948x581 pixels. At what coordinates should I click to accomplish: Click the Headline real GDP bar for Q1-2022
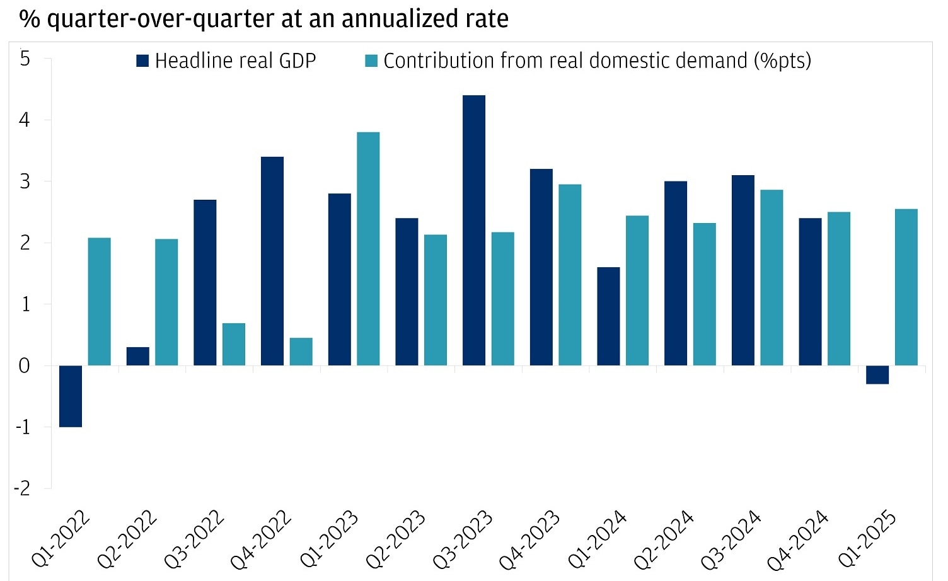point(71,396)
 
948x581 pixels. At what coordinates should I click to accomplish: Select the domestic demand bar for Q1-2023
point(368,249)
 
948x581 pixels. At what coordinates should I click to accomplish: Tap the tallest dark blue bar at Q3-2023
point(474,231)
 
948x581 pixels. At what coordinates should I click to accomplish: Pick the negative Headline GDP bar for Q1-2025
point(877,374)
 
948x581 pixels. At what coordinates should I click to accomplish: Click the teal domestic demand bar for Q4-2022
point(301,352)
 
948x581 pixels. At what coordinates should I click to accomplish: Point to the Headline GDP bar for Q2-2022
point(138,356)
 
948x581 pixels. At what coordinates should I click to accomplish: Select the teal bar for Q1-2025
point(906,287)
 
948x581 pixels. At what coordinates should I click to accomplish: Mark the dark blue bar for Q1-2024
point(608,316)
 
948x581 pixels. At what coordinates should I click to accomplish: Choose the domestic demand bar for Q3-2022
point(234,344)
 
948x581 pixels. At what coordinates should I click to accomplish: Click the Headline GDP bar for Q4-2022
point(272,261)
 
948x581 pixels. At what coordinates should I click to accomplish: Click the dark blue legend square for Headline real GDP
point(142,61)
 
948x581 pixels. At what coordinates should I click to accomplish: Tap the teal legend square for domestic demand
point(371,61)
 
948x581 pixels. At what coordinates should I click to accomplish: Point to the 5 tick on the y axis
point(25,59)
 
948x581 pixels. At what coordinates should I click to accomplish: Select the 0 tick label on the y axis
point(25,366)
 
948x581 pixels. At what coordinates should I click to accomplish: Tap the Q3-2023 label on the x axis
point(463,539)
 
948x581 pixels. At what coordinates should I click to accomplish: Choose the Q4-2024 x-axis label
point(799,539)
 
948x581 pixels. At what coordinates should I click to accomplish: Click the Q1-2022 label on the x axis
point(61,539)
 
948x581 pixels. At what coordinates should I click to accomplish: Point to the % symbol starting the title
point(30,19)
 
